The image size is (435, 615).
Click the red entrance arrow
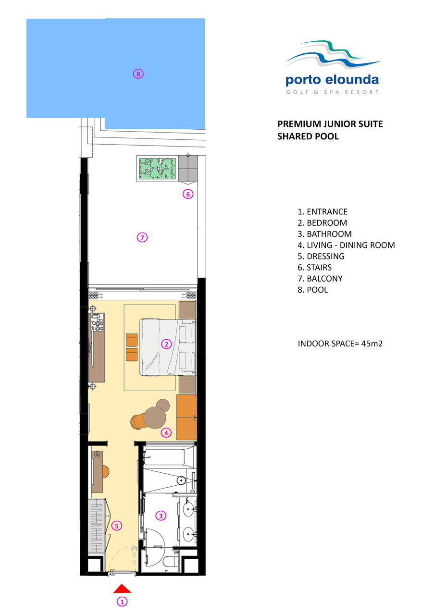pyautogui.click(x=122, y=589)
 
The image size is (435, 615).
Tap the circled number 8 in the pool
pyautogui.click(x=138, y=74)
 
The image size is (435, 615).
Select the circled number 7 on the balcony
pyautogui.click(x=142, y=237)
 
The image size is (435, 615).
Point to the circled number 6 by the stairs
pyautogui.click(x=188, y=194)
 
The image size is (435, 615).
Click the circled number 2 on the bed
pyautogui.click(x=166, y=344)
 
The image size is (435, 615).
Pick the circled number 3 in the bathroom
pyautogui.click(x=161, y=516)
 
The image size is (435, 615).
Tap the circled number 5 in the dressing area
pyautogui.click(x=117, y=526)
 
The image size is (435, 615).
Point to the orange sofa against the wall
pyautogui.click(x=186, y=417)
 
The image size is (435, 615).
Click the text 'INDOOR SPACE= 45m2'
pyautogui.click(x=340, y=344)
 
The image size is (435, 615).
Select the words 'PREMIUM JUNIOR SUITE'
pyautogui.click(x=330, y=124)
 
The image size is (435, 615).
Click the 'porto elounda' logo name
pyautogui.click(x=332, y=80)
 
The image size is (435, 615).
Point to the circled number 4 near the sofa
pyautogui.click(x=166, y=433)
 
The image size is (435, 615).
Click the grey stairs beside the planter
pyautogui.click(x=188, y=168)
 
